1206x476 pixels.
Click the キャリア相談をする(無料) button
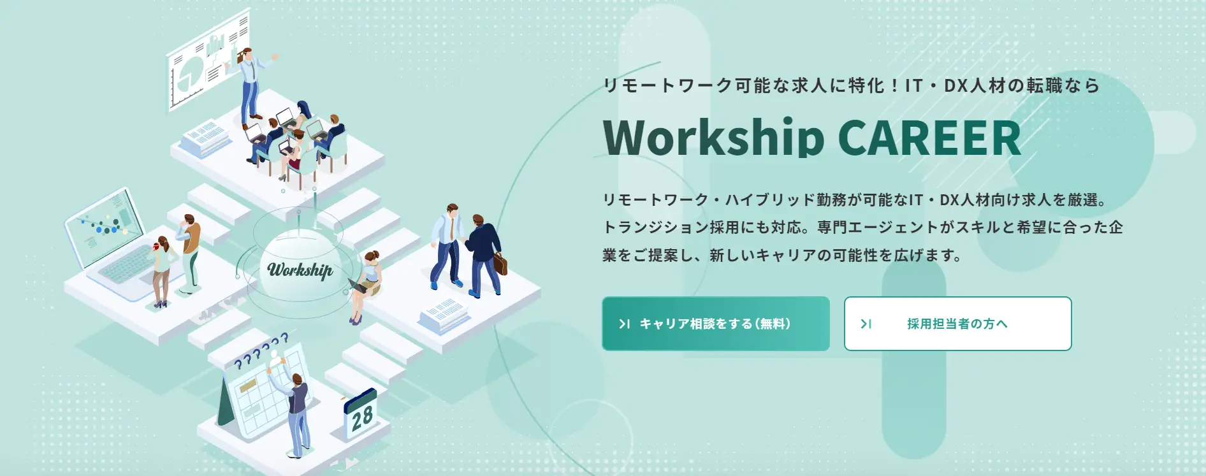(715, 324)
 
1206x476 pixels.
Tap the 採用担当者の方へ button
(957, 324)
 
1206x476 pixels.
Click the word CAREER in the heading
(929, 138)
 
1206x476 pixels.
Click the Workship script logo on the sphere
(300, 270)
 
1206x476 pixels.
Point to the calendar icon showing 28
(360, 413)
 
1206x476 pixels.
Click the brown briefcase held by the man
(500, 263)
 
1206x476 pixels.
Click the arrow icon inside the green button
(625, 324)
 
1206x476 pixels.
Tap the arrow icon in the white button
(866, 324)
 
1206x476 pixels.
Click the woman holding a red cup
(162, 271)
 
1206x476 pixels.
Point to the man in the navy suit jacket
(483, 256)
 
